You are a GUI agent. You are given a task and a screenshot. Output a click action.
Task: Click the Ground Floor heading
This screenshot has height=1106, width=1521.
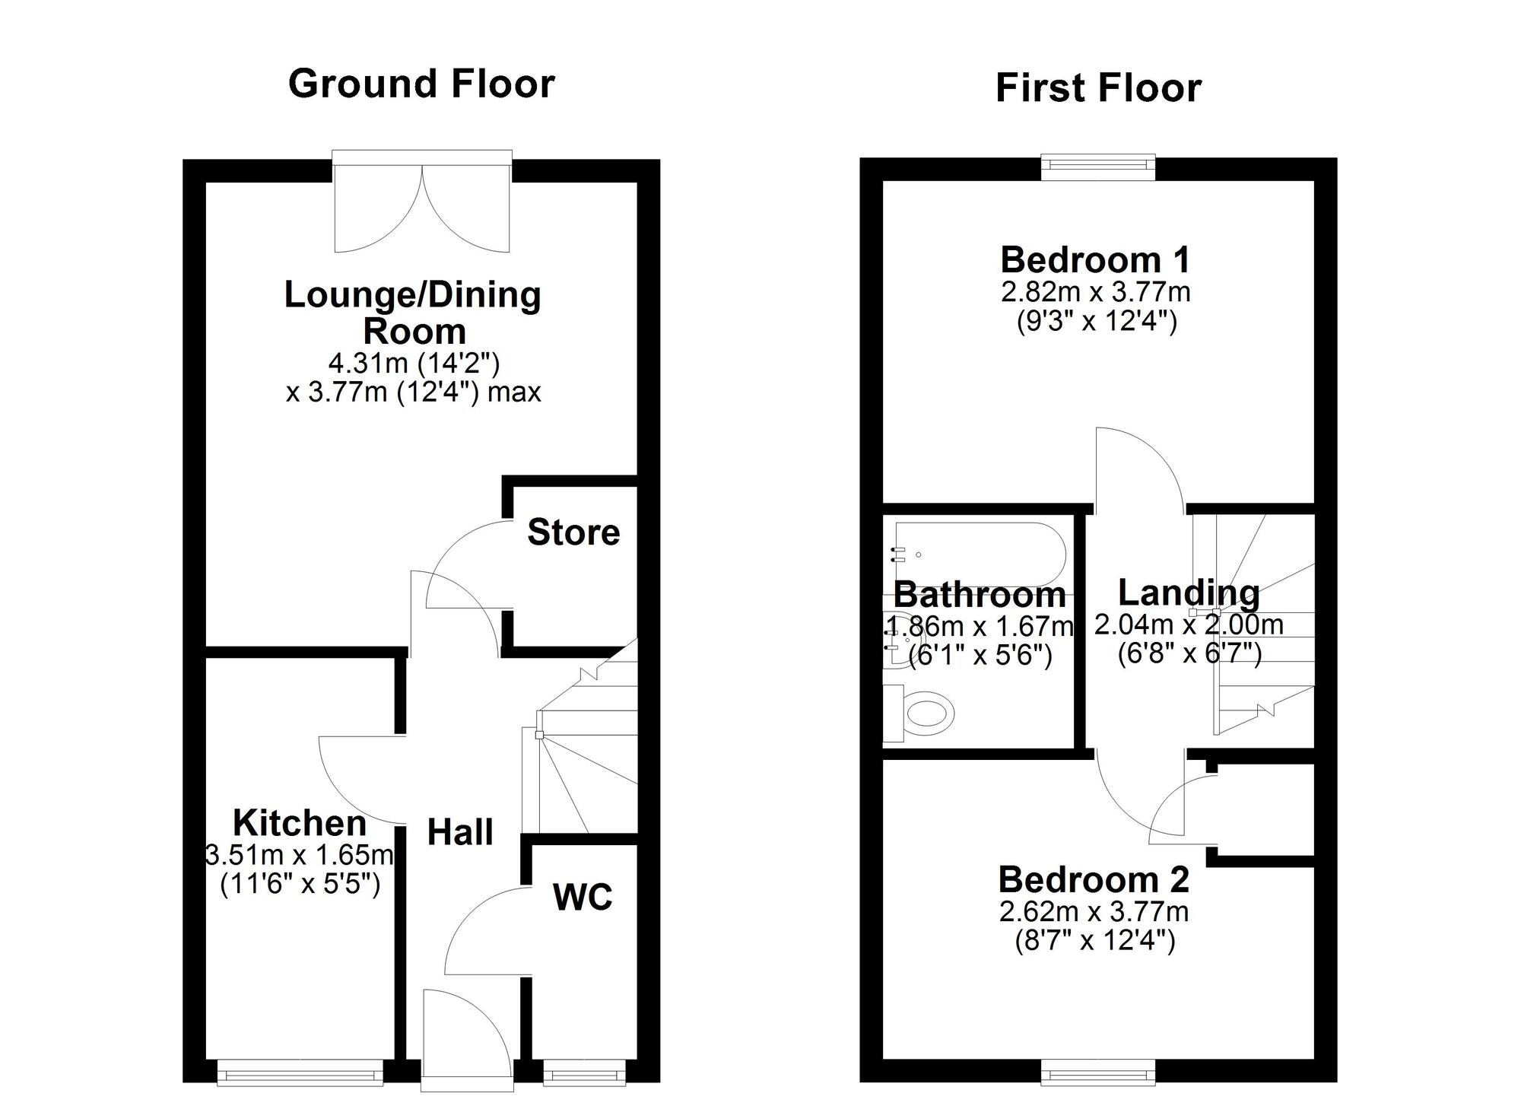pos(421,84)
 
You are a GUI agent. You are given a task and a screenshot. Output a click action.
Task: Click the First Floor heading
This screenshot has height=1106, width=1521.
pos(1097,88)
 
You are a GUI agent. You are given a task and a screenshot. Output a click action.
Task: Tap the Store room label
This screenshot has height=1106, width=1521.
pos(573,532)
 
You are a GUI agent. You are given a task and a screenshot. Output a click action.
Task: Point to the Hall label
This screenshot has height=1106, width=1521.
pos(460,832)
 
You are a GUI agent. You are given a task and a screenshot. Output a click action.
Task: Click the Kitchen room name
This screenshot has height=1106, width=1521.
pos(300,823)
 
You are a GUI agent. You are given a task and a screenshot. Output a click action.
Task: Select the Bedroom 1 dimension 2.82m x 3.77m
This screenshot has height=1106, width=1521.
pos(1095,292)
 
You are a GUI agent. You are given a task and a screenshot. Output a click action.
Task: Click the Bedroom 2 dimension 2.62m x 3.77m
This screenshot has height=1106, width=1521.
pos(1094,911)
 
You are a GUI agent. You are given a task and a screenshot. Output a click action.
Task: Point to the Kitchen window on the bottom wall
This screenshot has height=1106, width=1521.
pos(300,1074)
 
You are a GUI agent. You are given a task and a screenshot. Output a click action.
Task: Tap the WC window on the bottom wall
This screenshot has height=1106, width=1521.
pos(584,1074)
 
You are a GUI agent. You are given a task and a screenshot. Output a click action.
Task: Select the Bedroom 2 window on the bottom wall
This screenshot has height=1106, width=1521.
pos(1097,1074)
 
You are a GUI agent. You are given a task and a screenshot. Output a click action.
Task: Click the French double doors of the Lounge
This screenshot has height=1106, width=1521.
pos(422,205)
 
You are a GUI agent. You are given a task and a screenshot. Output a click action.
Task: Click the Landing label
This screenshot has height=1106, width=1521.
pos(1188,593)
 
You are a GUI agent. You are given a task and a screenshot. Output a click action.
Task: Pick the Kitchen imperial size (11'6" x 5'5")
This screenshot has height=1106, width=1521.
pos(300,885)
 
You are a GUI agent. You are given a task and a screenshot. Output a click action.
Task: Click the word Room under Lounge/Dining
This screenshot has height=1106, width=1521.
pos(414,332)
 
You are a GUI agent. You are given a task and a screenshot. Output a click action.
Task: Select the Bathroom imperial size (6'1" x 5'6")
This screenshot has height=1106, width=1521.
pos(980,655)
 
